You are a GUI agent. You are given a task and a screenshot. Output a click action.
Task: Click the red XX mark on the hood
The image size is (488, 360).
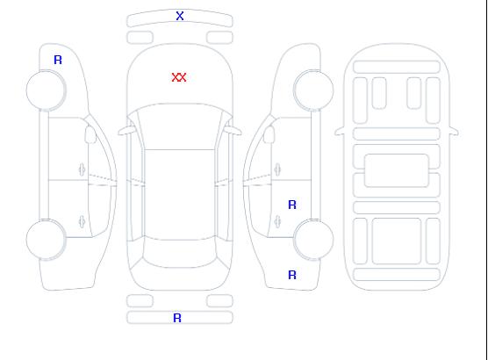coord(179,77)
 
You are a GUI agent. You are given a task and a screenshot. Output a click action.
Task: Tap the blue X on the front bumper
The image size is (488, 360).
coord(180,16)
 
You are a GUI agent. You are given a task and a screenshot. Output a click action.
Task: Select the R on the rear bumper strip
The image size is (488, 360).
coord(177,318)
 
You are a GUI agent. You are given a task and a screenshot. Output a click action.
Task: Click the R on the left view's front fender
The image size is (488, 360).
coord(58,60)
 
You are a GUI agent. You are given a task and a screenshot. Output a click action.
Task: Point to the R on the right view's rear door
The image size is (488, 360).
coord(292,205)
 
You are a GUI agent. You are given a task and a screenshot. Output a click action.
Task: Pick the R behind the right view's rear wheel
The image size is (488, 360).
coord(292,275)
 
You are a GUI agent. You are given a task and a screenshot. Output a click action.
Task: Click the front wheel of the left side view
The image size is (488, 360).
coord(46,90)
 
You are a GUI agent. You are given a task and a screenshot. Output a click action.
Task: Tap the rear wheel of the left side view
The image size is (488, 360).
coord(46,240)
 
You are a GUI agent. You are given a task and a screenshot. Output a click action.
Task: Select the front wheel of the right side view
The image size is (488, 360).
coord(313,90)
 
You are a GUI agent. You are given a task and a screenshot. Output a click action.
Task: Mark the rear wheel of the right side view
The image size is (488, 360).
coord(313,240)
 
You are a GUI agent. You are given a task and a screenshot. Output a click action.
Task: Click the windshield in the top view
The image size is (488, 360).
coord(180,126)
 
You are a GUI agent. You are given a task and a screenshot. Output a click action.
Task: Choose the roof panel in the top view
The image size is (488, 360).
coord(180,195)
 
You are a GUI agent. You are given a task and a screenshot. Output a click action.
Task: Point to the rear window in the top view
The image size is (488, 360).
coord(180,253)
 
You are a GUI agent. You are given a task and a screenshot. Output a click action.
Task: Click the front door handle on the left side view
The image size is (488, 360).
coord(82,169)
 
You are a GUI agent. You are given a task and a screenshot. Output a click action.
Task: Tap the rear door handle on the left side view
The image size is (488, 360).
coord(82,221)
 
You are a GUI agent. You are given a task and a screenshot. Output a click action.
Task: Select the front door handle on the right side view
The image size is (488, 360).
coord(277,169)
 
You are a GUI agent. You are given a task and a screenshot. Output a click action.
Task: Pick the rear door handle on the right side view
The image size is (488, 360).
coord(277,221)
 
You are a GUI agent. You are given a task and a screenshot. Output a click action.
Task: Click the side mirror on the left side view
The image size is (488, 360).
coord(90,134)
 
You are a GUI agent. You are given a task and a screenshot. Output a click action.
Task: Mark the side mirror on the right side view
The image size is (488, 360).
coord(269,134)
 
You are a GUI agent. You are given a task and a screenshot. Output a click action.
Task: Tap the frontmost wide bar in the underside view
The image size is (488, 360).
coord(397,68)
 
